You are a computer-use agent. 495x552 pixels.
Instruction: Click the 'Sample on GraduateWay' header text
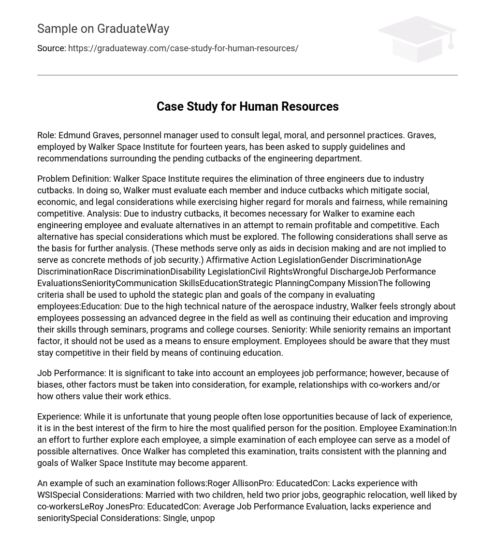(103, 29)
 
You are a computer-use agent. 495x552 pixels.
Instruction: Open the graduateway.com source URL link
(183, 48)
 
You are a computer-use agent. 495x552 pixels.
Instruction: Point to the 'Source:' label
(51, 48)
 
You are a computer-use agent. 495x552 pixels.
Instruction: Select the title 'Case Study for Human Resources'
(247, 106)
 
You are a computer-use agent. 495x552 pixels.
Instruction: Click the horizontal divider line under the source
(247, 75)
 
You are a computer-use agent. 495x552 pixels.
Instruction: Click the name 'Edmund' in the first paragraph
(74, 135)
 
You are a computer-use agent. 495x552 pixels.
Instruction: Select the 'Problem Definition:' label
(73, 179)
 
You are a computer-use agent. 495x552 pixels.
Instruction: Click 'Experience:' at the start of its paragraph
(59, 417)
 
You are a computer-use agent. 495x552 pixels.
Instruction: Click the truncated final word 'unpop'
(204, 518)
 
